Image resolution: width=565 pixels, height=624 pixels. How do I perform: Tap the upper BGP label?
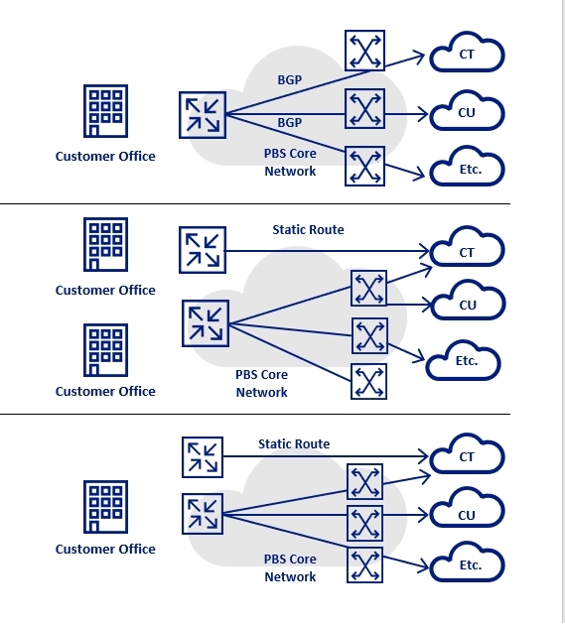pyautogui.click(x=290, y=80)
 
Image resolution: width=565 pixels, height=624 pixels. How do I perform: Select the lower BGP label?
pyautogui.click(x=290, y=123)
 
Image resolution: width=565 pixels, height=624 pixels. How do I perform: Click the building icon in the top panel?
pyautogui.click(x=105, y=111)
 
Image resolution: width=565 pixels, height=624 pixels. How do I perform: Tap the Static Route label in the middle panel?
pyautogui.click(x=308, y=229)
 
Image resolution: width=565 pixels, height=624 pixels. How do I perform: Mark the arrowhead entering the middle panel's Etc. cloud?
pyautogui.click(x=419, y=357)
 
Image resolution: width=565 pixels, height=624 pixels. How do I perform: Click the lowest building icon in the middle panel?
pyautogui.click(x=105, y=350)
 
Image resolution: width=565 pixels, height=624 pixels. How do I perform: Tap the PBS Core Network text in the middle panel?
pyautogui.click(x=262, y=383)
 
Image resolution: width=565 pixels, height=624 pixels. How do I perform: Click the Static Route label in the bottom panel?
pyautogui.click(x=294, y=443)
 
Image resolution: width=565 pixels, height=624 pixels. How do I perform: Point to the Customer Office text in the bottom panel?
pyautogui.click(x=105, y=550)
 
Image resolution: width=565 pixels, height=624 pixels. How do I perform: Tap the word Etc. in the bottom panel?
pyautogui.click(x=471, y=565)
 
